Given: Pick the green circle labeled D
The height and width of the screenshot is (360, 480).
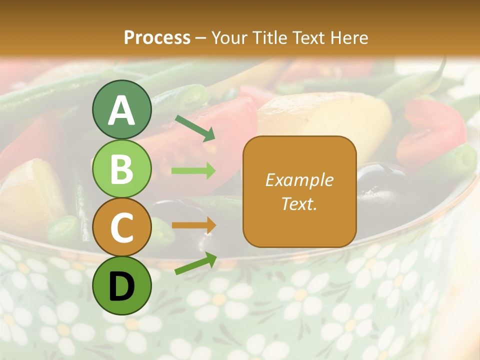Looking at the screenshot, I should tap(122, 285).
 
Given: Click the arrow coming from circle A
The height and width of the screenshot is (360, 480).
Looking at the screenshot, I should tap(195, 128).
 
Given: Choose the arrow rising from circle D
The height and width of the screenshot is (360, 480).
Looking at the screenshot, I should tap(195, 263).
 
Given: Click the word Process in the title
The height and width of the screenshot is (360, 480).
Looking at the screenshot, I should tap(157, 37).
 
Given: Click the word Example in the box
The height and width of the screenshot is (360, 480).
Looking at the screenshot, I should tap(299, 180).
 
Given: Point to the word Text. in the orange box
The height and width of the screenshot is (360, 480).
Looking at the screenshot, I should tap(299, 203).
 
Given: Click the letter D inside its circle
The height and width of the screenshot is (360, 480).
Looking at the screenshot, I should tap(122, 286).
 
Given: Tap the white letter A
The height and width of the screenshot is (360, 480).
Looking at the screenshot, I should tap(122, 110).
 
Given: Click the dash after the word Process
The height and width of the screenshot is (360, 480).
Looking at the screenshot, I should tap(201, 38).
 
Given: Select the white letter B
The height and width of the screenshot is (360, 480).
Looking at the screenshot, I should tap(122, 169).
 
